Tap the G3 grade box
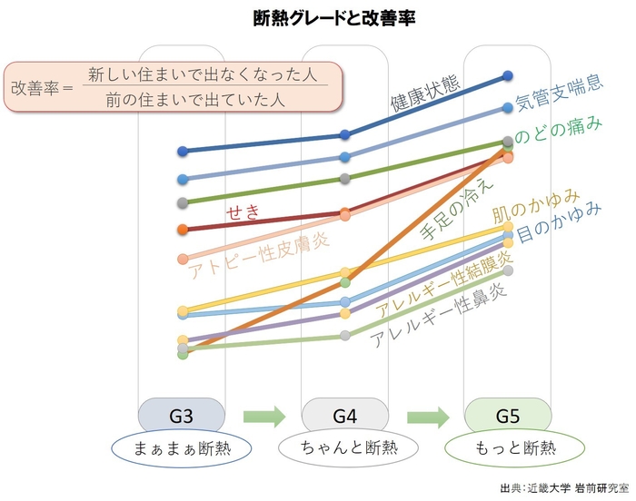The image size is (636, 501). tap(181, 417)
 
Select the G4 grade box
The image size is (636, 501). tap(344, 417)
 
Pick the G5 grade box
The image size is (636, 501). tap(508, 417)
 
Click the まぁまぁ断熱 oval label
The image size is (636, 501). tap(181, 448)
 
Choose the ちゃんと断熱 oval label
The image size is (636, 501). tap(344, 448)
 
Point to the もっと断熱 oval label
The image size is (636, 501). tap(508, 448)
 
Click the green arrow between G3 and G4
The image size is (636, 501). tap(263, 417)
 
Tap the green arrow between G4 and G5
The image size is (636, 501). tap(427, 417)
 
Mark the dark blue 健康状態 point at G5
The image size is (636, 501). tap(508, 76)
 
